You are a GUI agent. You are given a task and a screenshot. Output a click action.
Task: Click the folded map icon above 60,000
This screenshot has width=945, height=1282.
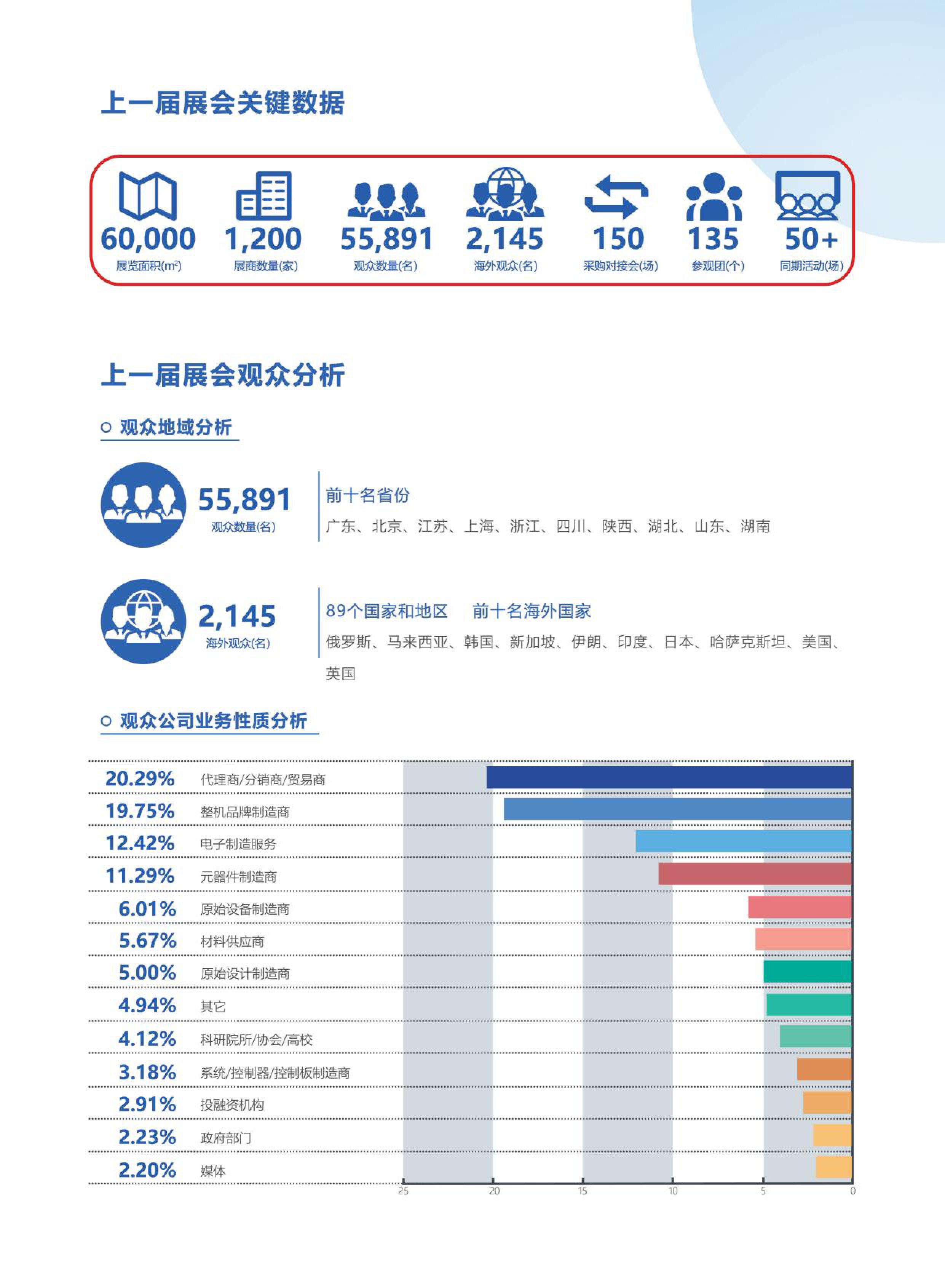pos(148,196)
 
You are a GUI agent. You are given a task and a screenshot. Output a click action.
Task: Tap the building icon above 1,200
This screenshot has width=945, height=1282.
pos(264,196)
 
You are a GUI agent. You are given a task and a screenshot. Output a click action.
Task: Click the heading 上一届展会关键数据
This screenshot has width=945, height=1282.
pos(222,103)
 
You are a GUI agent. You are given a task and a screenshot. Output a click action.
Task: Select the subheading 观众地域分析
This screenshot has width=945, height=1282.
pos(175,427)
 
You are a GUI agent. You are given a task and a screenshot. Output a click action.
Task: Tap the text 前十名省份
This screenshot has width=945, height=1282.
pos(368,496)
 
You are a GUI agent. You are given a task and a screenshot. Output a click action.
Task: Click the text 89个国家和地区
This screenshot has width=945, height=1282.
pos(387,611)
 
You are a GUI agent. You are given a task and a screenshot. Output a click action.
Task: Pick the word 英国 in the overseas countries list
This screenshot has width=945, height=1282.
pos(341,673)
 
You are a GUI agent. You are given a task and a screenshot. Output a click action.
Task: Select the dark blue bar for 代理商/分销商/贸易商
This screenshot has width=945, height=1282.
pos(669,777)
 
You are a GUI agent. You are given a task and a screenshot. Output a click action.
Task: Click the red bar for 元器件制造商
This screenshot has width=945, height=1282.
pos(755,874)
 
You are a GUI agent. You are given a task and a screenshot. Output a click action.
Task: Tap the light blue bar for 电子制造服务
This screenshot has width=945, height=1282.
pos(744,841)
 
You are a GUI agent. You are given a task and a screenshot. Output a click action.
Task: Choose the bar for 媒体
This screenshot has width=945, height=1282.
pos(833,1167)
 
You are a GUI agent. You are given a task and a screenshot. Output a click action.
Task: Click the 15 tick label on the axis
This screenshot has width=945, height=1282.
pos(582,1191)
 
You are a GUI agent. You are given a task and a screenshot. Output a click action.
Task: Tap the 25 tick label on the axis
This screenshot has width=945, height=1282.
pos(403,1191)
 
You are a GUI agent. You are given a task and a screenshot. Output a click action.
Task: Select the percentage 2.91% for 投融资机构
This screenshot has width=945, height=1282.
pos(147,1105)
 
